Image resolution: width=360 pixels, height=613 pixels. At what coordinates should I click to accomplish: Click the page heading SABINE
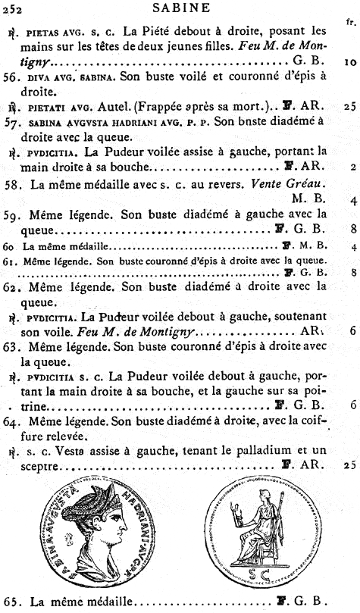pos(179,8)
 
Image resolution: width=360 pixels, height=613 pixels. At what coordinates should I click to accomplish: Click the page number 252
pos(13,8)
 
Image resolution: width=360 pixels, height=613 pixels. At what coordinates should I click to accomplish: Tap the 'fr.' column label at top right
pos(349,23)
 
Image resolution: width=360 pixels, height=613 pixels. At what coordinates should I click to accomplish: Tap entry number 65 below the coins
pos(13,602)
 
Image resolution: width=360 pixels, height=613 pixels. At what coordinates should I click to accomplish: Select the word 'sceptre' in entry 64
pos(31,464)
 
